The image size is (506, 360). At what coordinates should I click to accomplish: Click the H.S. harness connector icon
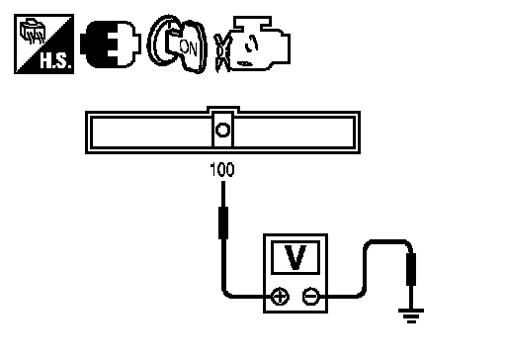pos(43,44)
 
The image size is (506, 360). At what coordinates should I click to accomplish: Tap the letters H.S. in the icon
pos(55,60)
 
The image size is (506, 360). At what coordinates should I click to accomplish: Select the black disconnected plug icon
pos(111,45)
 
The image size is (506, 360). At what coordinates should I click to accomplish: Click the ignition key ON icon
pos(177,45)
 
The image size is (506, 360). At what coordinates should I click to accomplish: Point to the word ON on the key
pos(188,47)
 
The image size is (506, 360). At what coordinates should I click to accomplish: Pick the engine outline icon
pos(260,44)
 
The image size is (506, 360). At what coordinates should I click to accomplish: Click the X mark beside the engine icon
pos(222,52)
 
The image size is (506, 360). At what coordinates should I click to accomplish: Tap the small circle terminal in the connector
pos(222,130)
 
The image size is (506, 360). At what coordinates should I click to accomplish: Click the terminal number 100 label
pos(222,170)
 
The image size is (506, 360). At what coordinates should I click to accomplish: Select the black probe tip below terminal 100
pos(223,223)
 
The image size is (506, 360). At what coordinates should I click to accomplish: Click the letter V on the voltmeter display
pos(295,257)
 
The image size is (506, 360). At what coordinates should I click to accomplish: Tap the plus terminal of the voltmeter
pos(280,297)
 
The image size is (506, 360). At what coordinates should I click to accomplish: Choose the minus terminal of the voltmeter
pos(310,297)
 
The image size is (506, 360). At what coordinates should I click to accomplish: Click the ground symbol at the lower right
pos(411,315)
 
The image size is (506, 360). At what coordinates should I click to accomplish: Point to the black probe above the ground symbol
pos(411,269)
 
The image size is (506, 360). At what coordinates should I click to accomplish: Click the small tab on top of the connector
pos(223,109)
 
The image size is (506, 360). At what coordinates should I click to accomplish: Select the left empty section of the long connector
pos(152,133)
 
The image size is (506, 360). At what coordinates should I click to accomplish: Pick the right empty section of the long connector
pos(294,133)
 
